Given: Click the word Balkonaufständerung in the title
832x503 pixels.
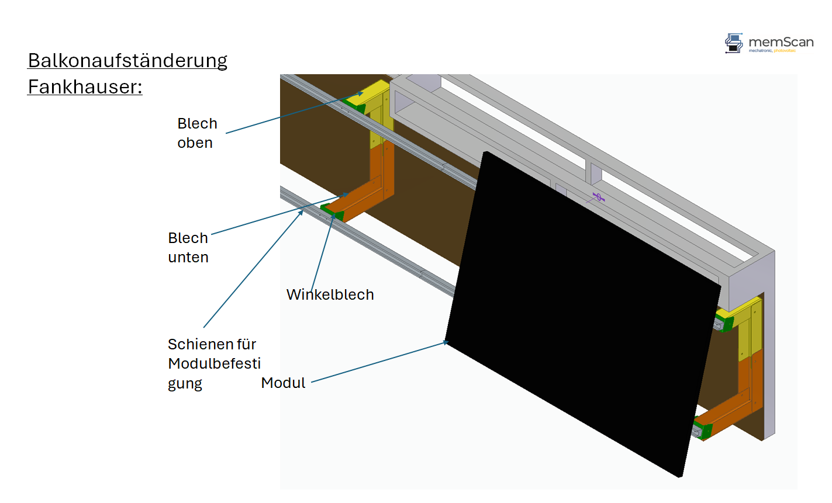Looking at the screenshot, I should point(127,61).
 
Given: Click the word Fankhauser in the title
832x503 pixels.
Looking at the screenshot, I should point(84,87).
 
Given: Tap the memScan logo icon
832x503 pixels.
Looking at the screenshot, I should point(734,43).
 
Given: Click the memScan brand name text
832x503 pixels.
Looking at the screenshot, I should point(781,42).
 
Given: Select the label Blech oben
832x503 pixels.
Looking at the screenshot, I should point(197,133).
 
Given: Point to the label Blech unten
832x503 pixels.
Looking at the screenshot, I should point(188,248).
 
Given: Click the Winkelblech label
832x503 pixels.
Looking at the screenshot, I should point(330,294).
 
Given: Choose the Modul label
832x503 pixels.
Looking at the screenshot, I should point(283,383).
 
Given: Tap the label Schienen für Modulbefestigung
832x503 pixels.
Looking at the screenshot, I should point(214,363).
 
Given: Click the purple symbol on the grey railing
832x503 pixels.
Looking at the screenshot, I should point(598,197).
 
